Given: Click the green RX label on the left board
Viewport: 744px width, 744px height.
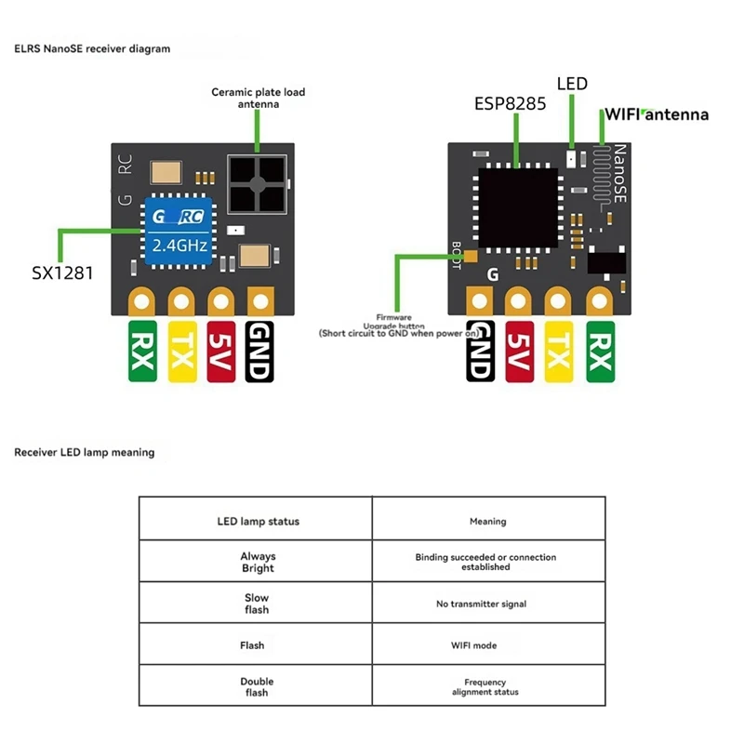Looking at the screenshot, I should point(142,352).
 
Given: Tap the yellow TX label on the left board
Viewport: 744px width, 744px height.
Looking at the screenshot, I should point(181,352).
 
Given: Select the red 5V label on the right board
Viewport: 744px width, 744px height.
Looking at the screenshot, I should point(518,352).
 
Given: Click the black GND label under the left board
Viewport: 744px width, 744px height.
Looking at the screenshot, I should point(260,352).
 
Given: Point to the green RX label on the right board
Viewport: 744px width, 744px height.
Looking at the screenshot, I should point(601,352).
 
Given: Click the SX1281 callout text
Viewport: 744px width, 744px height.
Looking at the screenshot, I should point(62,273).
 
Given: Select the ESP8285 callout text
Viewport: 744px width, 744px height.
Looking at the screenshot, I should point(511,103).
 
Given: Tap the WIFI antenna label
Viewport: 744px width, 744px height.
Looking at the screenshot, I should point(657,114).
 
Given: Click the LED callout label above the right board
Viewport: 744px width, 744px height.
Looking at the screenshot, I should point(572,84).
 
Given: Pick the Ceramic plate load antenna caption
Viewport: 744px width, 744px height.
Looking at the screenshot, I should point(258,98).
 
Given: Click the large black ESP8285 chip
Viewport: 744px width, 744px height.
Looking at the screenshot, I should point(517,208).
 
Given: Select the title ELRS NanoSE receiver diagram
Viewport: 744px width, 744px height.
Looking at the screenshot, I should point(92,48).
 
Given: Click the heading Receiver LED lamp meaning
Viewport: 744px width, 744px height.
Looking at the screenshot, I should point(85,453).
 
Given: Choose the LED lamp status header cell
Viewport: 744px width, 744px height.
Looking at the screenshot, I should point(257,521).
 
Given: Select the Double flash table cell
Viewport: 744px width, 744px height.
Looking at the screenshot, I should point(257,686).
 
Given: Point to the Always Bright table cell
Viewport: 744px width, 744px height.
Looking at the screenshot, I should point(257,562).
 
